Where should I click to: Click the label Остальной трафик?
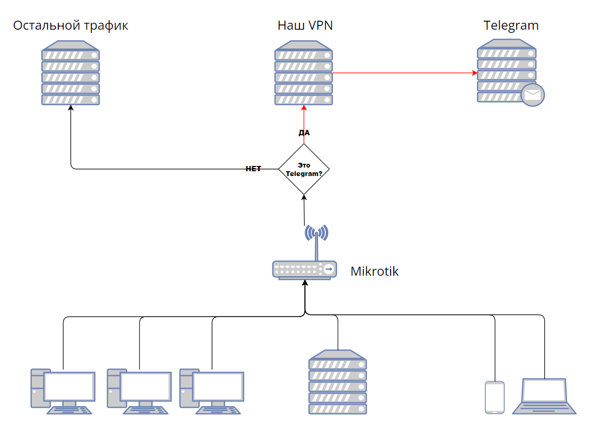coord(70,25)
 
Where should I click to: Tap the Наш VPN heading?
coord(305,25)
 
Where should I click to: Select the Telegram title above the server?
coord(511,25)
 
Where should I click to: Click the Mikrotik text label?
coord(374,271)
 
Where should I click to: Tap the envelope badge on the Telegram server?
coord(533,95)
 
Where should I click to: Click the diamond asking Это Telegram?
coord(304,169)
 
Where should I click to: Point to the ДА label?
coord(304,133)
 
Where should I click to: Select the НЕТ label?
coord(253,169)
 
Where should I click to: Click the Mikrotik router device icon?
coord(304,269)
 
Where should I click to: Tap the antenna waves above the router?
coord(316,232)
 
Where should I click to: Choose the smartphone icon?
coord(494,397)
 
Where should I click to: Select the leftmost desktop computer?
coord(63,391)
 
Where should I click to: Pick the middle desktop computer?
coord(139,391)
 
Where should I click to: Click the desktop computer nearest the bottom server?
coord(211,391)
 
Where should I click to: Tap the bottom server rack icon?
coord(338,382)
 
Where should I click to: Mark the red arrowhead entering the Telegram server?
coord(474,73)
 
